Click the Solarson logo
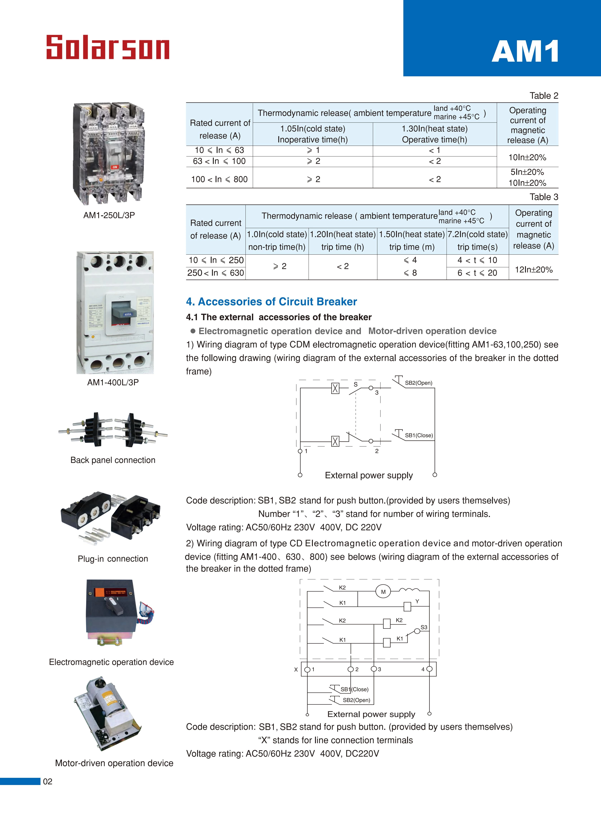coord(108,47)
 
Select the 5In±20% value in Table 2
coord(527,172)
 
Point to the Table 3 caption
coord(543,197)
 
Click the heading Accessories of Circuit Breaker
coord(271,301)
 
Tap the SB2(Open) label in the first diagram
coord(418,383)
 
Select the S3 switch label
coord(424,627)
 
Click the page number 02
coord(48,781)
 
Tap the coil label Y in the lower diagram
coord(417,601)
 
